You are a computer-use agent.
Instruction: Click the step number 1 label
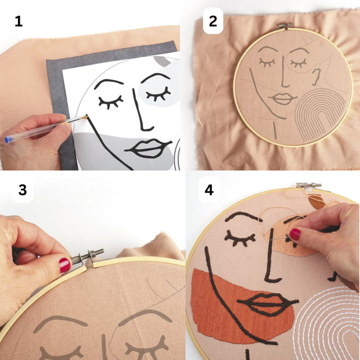19,21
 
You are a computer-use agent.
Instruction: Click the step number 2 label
213,21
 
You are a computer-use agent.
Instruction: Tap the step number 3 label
23,190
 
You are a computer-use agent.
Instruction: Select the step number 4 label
209,190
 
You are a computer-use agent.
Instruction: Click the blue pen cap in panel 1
8,139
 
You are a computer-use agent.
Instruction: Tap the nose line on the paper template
141,110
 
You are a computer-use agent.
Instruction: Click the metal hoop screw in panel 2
285,26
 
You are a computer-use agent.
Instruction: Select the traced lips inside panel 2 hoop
283,99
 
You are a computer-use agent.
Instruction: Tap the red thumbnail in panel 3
65,265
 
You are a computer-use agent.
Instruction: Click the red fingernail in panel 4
295,234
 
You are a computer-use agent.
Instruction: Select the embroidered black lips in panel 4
268,304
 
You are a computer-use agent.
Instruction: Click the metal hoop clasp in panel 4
308,185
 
